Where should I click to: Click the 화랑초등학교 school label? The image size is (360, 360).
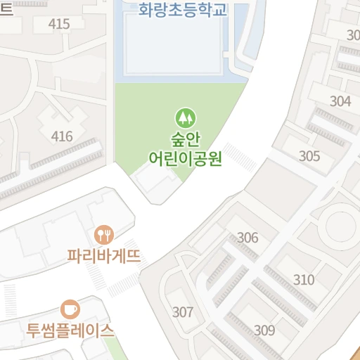click(x=184, y=11)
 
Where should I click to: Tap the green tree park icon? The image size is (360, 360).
click(x=185, y=116)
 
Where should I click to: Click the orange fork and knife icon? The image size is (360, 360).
click(x=104, y=234)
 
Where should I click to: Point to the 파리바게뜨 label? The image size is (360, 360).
click(x=104, y=256)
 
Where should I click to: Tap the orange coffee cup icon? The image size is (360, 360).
click(x=70, y=309)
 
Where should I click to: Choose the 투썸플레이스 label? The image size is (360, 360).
click(x=70, y=330)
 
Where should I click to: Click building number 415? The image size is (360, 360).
click(x=60, y=25)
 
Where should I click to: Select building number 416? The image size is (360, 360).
click(x=62, y=136)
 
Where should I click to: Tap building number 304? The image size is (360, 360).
click(x=340, y=101)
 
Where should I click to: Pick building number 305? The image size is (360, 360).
click(x=309, y=156)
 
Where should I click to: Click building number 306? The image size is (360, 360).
click(x=247, y=238)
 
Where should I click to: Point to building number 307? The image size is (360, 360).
click(x=183, y=311)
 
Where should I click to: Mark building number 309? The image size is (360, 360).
click(x=264, y=330)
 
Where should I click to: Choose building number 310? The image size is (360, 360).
click(x=304, y=280)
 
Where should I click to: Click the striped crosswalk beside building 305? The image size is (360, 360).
click(x=240, y=157)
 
